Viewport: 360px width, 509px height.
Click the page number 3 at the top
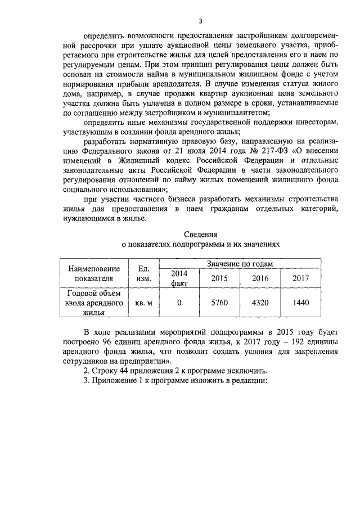click(183, 20)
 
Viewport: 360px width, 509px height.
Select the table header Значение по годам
click(240, 263)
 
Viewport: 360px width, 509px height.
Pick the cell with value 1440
click(301, 303)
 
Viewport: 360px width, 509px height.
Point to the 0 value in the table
click(179, 303)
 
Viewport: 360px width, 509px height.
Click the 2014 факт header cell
click(179, 278)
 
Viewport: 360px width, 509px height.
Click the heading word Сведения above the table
click(201, 233)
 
